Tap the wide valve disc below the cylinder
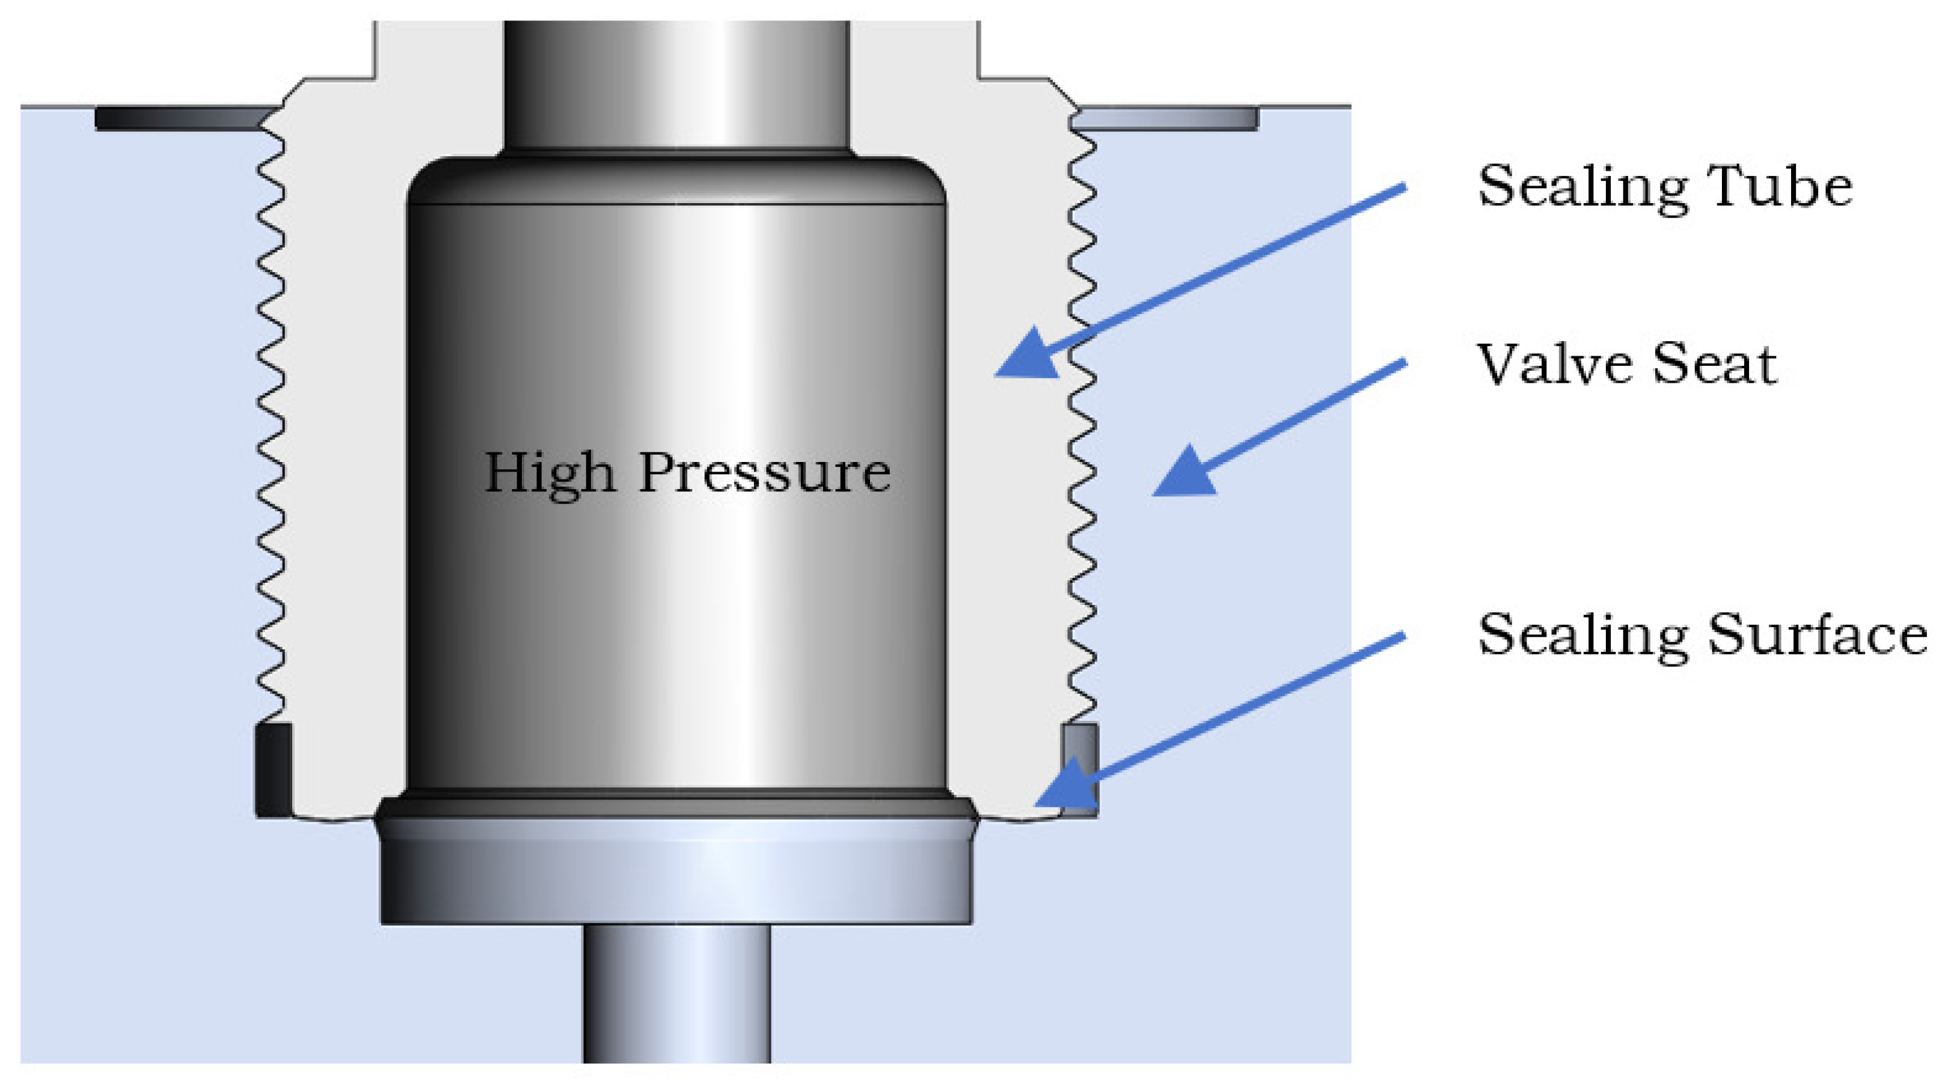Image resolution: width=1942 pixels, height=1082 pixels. click(x=676, y=874)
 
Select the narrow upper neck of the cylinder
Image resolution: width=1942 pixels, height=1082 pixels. click(x=676, y=83)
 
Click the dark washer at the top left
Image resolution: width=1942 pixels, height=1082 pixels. click(x=181, y=118)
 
